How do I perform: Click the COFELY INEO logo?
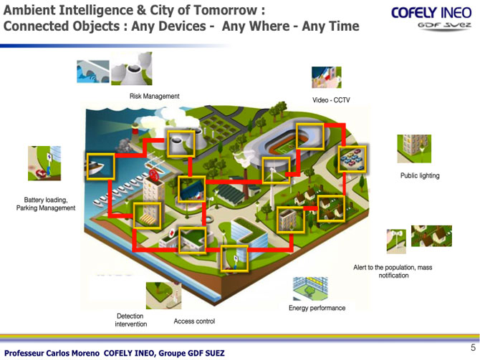coord(431,18)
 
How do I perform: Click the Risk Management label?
coord(154,96)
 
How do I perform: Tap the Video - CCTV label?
coord(331,100)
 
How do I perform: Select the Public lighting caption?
coord(420,175)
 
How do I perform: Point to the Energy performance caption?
coord(317,308)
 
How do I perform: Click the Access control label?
coord(194,321)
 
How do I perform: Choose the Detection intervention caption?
coord(130,320)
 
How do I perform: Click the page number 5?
coord(474,347)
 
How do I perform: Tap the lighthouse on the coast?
coord(135,132)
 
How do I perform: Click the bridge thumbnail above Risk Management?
coord(92,72)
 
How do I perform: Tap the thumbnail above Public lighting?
coord(414,149)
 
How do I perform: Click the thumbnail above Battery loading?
coord(44,163)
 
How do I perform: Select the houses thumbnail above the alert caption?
coord(431,235)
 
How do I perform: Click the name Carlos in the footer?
coord(61,354)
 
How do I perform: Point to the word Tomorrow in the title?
coord(226,10)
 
